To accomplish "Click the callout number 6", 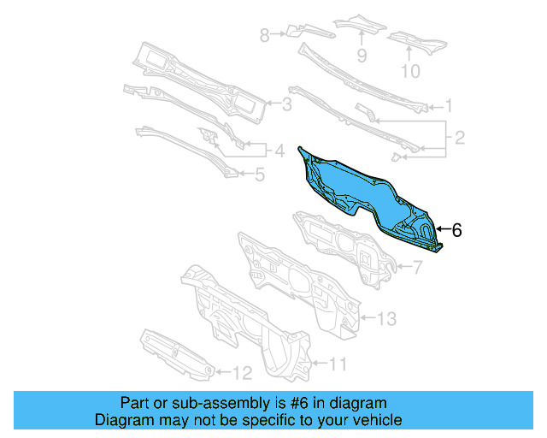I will coord(456,229).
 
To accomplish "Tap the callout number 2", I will coord(459,137).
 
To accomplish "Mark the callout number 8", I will coord(264,35).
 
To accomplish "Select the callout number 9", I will coord(362,56).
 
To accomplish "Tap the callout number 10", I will coord(410,71).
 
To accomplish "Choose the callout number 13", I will coord(386,319).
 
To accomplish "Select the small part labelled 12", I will coord(175,352).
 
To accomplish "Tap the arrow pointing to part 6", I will coord(442,229).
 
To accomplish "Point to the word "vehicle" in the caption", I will coord(373,420).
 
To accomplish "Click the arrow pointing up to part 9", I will coord(362,38).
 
